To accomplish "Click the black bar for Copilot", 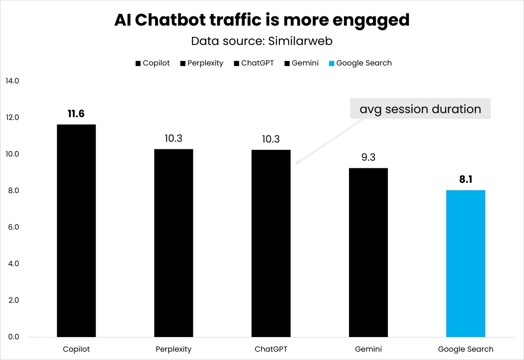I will coord(76,230).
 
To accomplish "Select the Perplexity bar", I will coord(173,243).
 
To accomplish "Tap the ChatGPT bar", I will coord(271,243).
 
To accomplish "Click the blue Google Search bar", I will coord(465,263).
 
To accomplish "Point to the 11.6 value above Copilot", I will coord(76,114).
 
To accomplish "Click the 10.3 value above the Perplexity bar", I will coord(173,139).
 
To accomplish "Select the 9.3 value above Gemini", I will coord(368,157).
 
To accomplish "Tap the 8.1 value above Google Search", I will coord(465,180).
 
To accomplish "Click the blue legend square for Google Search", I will coord(331,63).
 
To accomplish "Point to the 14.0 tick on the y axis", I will coord(12,81).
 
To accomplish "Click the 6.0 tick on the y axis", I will coord(12,227).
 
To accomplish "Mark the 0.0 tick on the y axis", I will coord(12,337).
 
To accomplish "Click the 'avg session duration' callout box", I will coord(420,109).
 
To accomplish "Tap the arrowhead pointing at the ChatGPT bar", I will coord(297,163).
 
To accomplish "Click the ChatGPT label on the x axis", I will coord(271,350).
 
